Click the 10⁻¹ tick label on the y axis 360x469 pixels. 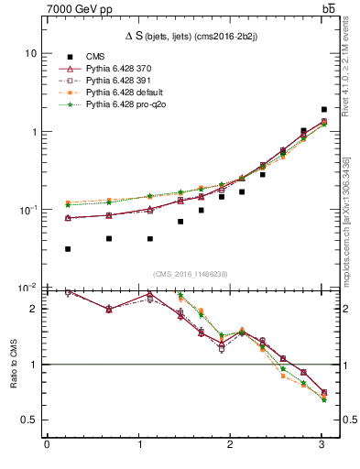[x=27, y=210]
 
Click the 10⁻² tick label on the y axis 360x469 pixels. [x=27, y=288]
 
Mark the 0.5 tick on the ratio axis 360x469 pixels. [x=29, y=420]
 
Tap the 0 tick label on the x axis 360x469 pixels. [x=47, y=445]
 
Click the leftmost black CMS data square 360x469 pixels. [x=69, y=249]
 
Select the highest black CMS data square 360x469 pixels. [x=324, y=109]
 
